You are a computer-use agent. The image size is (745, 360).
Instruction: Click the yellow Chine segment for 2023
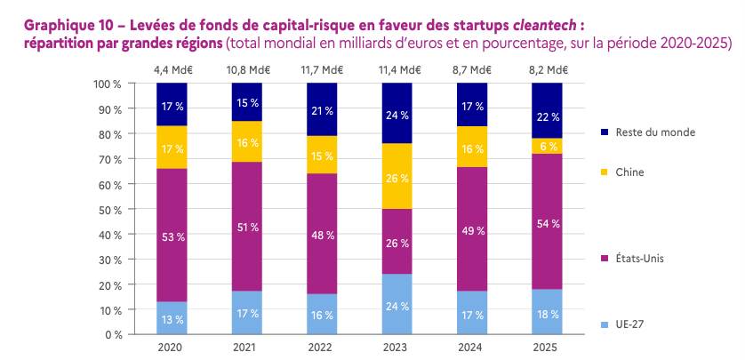[397, 176]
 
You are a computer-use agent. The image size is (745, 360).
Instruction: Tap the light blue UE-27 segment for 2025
[547, 312]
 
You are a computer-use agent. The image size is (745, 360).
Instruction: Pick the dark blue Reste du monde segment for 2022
[322, 109]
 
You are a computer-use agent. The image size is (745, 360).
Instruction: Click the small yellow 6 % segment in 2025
[547, 147]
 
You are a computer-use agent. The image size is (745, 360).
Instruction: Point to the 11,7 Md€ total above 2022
[322, 70]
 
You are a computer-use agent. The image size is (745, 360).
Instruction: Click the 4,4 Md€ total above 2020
[172, 70]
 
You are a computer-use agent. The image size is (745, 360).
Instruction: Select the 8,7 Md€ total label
[472, 70]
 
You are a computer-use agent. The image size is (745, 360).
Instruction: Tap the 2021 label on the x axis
[246, 348]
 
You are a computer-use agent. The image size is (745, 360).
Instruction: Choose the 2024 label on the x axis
[472, 348]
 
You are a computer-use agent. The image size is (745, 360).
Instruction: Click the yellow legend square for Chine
[605, 172]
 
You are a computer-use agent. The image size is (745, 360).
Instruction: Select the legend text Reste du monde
[655, 132]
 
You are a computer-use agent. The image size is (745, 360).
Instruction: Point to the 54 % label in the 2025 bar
[548, 224]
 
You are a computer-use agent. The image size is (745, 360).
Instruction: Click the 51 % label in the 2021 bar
[247, 228]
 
